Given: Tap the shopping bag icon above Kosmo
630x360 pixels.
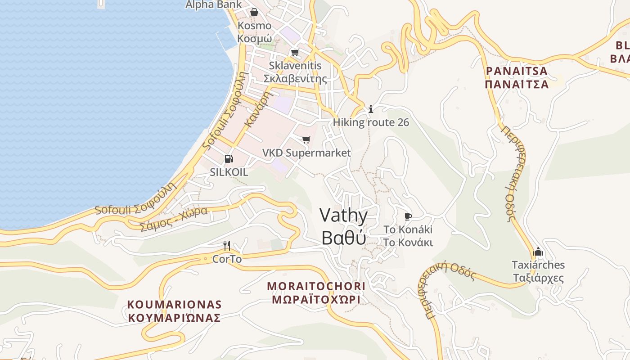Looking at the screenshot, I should pyautogui.click(x=254, y=12).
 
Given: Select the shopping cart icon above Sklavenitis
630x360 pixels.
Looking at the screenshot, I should pyautogui.click(x=295, y=52).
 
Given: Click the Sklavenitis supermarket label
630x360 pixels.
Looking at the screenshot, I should pyautogui.click(x=295, y=72).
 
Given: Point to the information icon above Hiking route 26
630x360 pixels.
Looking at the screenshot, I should pyautogui.click(x=371, y=109).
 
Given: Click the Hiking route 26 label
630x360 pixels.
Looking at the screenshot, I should pyautogui.click(x=371, y=122).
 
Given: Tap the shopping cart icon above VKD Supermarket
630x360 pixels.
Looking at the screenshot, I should pyautogui.click(x=306, y=139).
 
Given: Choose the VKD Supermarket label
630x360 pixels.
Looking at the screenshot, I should pyautogui.click(x=306, y=153).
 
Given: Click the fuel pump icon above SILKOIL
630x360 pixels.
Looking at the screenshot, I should pyautogui.click(x=229, y=158).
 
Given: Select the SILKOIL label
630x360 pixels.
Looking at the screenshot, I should pyautogui.click(x=229, y=172).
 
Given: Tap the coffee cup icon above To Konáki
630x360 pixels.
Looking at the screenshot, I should pyautogui.click(x=408, y=216).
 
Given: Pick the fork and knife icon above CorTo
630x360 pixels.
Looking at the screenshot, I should pyautogui.click(x=227, y=245).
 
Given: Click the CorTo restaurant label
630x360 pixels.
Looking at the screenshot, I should pyautogui.click(x=227, y=259).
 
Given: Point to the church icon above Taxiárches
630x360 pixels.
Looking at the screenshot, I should pyautogui.click(x=538, y=252).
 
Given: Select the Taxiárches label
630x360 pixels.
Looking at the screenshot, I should pyautogui.click(x=538, y=271).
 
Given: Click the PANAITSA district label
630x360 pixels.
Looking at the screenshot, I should pyautogui.click(x=517, y=77).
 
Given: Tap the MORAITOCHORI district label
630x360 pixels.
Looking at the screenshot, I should pyautogui.click(x=316, y=292).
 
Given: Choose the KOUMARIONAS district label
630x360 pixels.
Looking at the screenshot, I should pyautogui.click(x=174, y=311).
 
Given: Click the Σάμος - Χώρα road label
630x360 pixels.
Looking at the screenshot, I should pyautogui.click(x=174, y=218).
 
